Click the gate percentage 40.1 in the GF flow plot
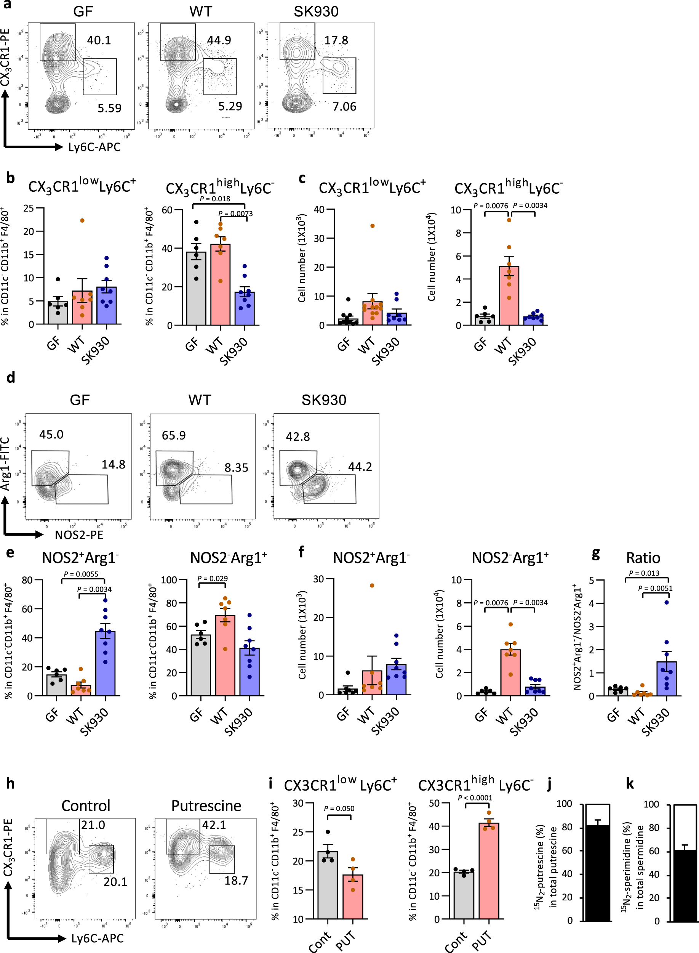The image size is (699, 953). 99,40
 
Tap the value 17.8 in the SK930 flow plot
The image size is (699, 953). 336,40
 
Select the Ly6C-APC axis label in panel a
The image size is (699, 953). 94,147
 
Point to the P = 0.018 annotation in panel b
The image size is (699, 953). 214,199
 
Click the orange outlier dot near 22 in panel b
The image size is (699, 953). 82,221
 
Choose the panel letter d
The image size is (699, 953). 11,377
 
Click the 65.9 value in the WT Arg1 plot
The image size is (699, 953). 173,435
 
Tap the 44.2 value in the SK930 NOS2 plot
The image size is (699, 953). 360,467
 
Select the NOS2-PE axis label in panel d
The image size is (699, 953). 79,535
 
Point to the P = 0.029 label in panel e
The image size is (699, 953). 213,578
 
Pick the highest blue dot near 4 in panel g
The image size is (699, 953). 666,602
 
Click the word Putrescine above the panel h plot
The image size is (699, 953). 206,806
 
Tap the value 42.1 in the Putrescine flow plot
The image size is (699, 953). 214,825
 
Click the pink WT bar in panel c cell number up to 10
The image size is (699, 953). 509,296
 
